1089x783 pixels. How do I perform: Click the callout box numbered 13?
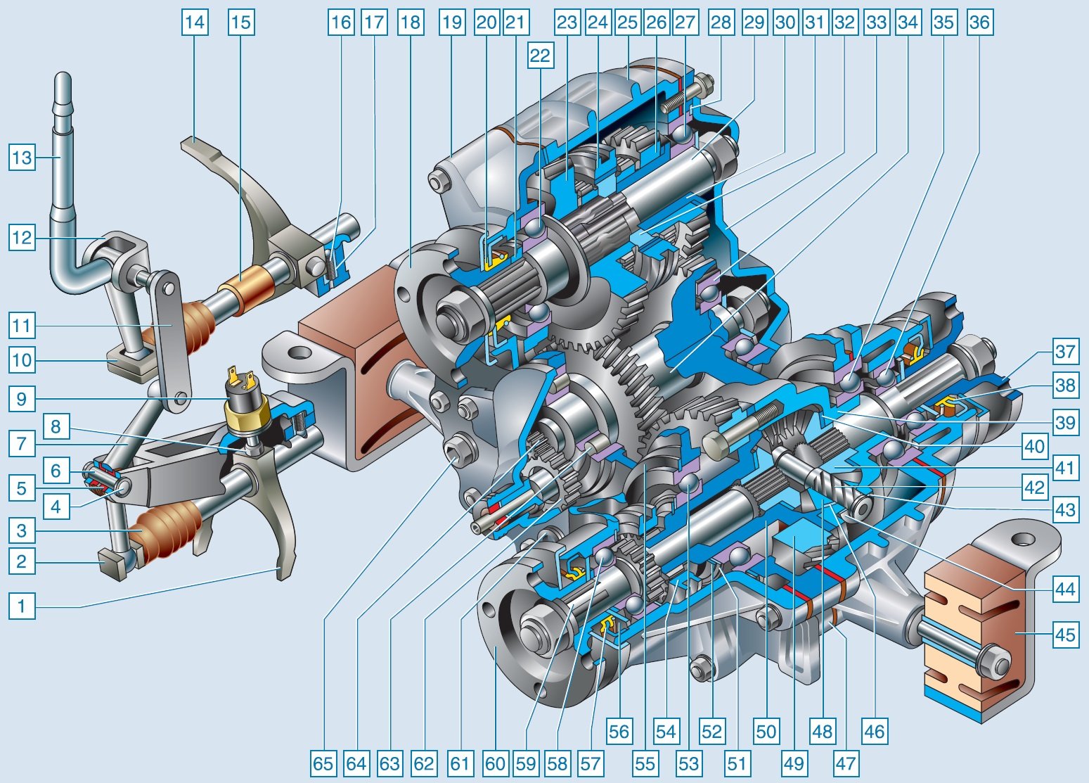22,158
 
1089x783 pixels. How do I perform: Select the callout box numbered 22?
540,56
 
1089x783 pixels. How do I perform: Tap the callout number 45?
1065,635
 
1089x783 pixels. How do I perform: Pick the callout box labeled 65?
323,763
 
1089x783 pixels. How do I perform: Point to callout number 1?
22,606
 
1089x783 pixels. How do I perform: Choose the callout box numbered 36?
979,23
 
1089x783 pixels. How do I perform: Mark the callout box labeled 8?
56,426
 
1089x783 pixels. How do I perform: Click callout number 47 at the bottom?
846,763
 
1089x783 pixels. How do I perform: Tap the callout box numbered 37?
1065,351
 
